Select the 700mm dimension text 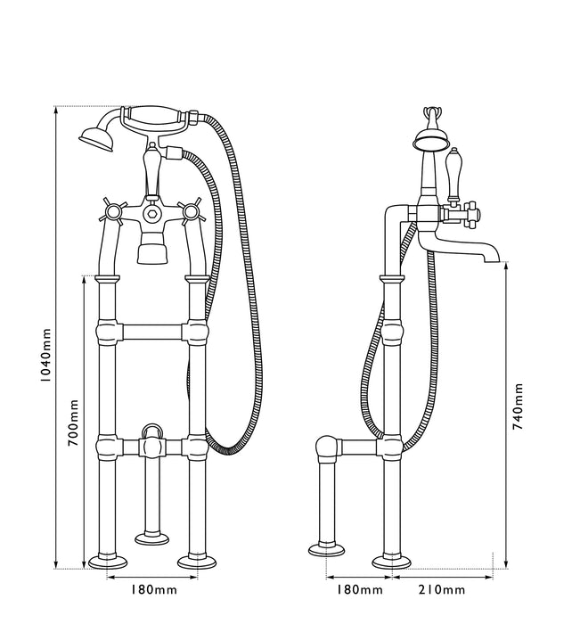pyautogui.click(x=75, y=422)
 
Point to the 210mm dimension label pyautogui.click(x=440, y=590)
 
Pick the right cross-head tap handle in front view pyautogui.click(x=189, y=212)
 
